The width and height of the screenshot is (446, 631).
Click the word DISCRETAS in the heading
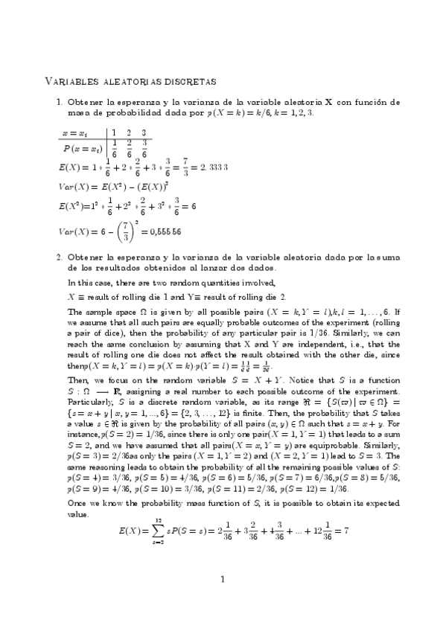pyautogui.click(x=185, y=80)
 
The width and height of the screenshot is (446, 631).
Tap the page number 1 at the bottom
pyautogui.click(x=223, y=600)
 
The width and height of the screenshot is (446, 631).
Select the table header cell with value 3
pyautogui.click(x=144, y=132)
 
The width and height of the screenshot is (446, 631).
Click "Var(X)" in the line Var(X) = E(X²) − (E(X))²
pyautogui.click(x=73, y=184)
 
